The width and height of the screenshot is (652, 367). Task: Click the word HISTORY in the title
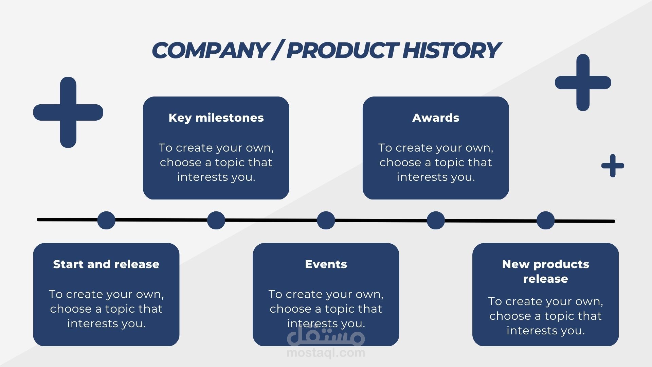(451, 50)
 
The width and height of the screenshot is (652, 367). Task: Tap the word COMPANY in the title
(210, 50)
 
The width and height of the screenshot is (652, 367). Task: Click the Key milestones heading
(216, 118)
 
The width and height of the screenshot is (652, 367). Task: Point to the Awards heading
(436, 118)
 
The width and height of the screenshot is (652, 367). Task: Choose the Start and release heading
(106, 264)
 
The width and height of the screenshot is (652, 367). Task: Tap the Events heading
(326, 264)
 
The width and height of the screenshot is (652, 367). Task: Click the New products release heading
(545, 271)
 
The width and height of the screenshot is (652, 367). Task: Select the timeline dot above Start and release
(106, 220)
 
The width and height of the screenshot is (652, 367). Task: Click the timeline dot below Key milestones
(216, 220)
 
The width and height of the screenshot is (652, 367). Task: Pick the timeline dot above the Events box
(326, 220)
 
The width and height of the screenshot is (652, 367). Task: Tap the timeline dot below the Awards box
(436, 220)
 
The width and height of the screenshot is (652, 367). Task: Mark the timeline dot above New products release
(546, 220)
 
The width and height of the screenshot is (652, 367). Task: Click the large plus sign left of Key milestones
(68, 112)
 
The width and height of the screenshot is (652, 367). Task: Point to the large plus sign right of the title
(583, 83)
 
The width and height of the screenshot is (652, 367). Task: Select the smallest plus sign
(613, 166)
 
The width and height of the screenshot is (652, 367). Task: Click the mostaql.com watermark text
(326, 353)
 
